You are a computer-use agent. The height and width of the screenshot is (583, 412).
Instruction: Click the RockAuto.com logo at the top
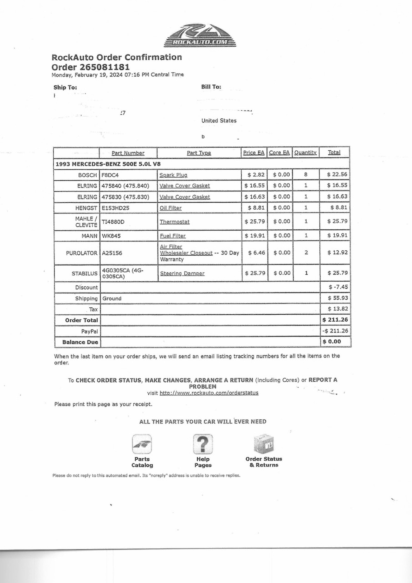point(200,36)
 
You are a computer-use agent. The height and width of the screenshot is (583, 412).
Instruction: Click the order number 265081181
point(105,67)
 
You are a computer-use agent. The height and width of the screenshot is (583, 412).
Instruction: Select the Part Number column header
point(128,153)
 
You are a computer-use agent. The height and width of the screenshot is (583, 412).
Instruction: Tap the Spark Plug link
point(173,175)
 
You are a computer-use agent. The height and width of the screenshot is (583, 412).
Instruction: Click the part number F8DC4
point(110,175)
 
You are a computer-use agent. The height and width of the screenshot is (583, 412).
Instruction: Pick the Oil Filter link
point(171,208)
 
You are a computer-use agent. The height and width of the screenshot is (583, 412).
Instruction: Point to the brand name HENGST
point(86,208)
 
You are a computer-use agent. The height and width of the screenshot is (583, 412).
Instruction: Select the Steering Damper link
point(182,273)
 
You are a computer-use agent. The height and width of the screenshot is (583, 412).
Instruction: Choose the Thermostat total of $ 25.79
point(337,221)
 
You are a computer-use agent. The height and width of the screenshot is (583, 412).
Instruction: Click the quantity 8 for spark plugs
point(306,174)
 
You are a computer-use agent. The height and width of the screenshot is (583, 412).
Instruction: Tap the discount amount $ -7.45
point(338,287)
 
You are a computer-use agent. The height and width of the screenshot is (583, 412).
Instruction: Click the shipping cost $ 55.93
point(338,298)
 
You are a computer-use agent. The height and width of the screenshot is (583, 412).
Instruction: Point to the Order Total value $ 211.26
point(335,320)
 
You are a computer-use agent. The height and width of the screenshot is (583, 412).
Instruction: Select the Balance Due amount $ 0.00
point(332,342)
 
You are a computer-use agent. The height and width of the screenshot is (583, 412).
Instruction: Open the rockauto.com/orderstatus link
point(209,393)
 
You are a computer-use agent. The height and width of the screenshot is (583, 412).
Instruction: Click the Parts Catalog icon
point(142,444)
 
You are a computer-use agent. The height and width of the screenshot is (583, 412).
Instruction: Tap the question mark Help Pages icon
point(203,444)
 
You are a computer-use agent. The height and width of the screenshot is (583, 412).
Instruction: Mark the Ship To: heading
point(65,88)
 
